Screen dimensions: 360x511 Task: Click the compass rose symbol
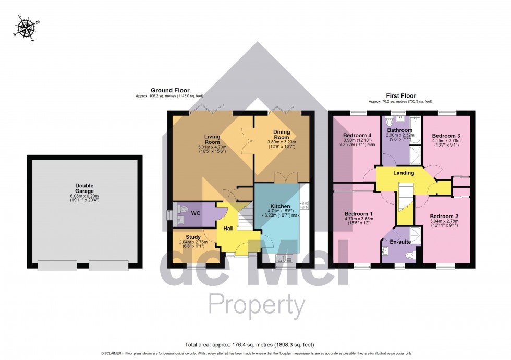pos(25,28)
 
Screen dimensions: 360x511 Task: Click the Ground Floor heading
pos(170,90)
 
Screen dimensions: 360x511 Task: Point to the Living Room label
pos(212,139)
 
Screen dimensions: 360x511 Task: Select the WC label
pos(196,213)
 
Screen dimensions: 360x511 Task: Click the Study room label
pos(186,237)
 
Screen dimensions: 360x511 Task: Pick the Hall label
pos(228,229)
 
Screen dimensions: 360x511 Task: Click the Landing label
pos(404,173)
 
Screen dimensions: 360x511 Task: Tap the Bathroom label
pos(400,130)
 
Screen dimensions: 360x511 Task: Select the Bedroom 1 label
pos(358,214)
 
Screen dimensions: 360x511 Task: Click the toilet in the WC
pos(183,209)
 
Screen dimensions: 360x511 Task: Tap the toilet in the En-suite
pos(409,256)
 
